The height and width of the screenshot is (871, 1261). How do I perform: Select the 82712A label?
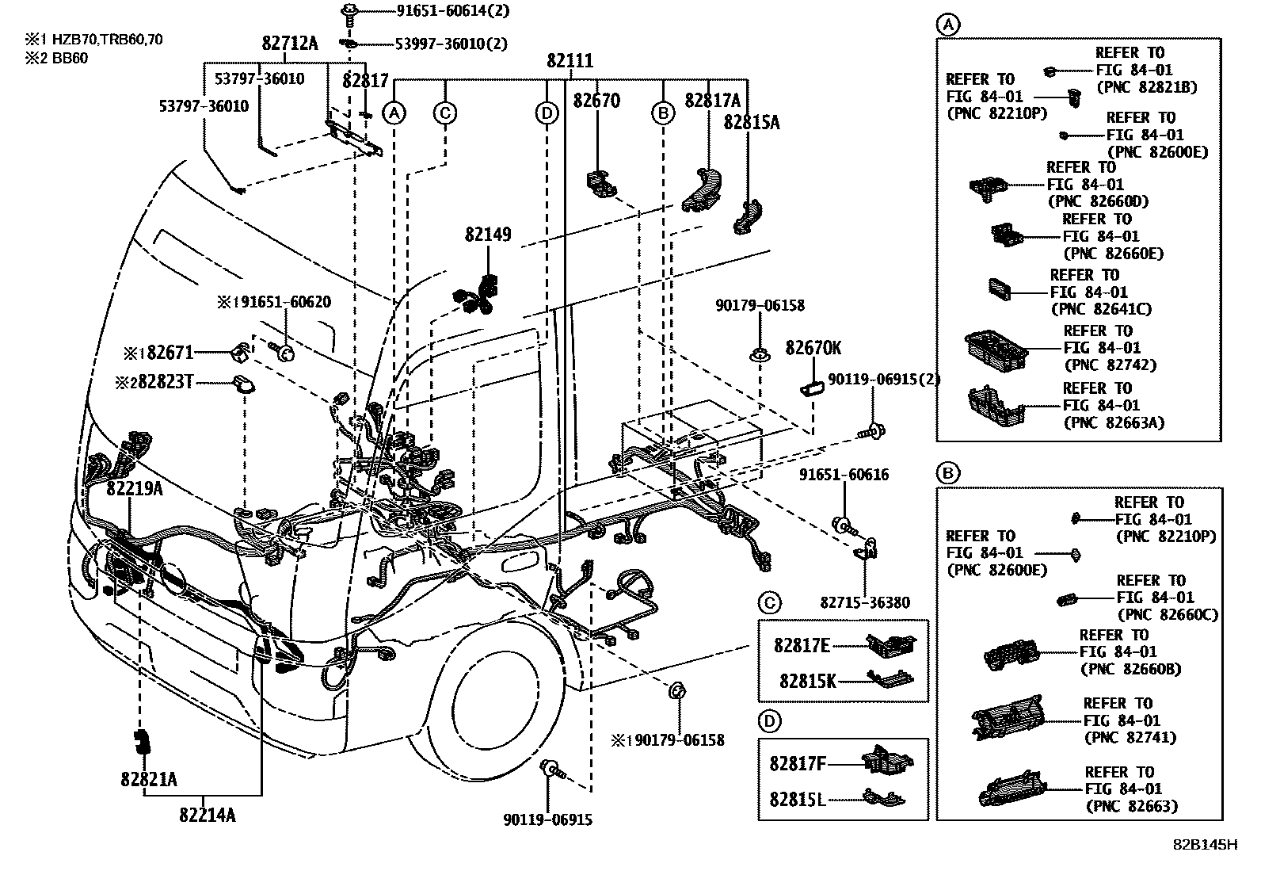(290, 44)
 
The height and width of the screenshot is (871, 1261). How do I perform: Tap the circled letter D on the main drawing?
(547, 113)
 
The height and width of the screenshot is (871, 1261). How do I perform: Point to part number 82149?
(488, 235)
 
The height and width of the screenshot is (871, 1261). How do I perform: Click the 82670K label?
(813, 348)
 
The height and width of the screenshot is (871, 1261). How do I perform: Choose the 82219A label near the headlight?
(135, 489)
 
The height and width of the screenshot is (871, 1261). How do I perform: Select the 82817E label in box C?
(802, 646)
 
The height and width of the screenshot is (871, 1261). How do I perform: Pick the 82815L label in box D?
(798, 800)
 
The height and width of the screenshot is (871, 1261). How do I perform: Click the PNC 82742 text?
(1111, 365)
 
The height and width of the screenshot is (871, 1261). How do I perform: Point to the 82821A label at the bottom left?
(149, 780)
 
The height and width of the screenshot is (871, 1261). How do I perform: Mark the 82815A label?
(751, 123)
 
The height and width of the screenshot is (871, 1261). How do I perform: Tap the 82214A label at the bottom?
(208, 815)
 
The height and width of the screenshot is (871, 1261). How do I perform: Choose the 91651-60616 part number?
(844, 475)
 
